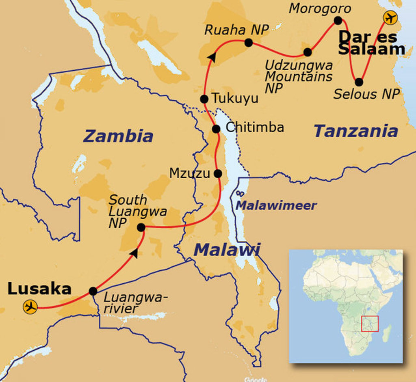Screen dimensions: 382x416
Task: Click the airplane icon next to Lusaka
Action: [30, 306]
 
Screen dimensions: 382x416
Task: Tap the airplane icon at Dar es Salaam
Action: [390, 18]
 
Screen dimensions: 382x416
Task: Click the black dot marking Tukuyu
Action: [204, 99]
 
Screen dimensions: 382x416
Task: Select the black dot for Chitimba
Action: [216, 129]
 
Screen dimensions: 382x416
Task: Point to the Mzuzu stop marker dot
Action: [218, 173]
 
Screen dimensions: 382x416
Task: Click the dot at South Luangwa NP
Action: [141, 227]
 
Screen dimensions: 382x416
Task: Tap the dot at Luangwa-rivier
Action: [93, 291]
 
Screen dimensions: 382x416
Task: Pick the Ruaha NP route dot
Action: [249, 42]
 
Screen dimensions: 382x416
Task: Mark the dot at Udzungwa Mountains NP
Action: [308, 52]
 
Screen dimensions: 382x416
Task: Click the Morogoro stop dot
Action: [338, 20]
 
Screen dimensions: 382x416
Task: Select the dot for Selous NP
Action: [359, 82]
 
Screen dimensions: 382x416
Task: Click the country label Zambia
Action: [118, 136]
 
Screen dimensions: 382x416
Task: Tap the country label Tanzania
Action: [356, 131]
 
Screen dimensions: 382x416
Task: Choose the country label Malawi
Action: [227, 250]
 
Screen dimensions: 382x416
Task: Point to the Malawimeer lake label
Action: [276, 205]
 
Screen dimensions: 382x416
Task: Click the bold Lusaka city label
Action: [39, 289]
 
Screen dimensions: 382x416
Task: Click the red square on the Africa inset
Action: [370, 324]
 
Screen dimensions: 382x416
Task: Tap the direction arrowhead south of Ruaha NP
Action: [211, 58]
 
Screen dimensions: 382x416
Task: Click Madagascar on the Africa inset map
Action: [387, 333]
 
